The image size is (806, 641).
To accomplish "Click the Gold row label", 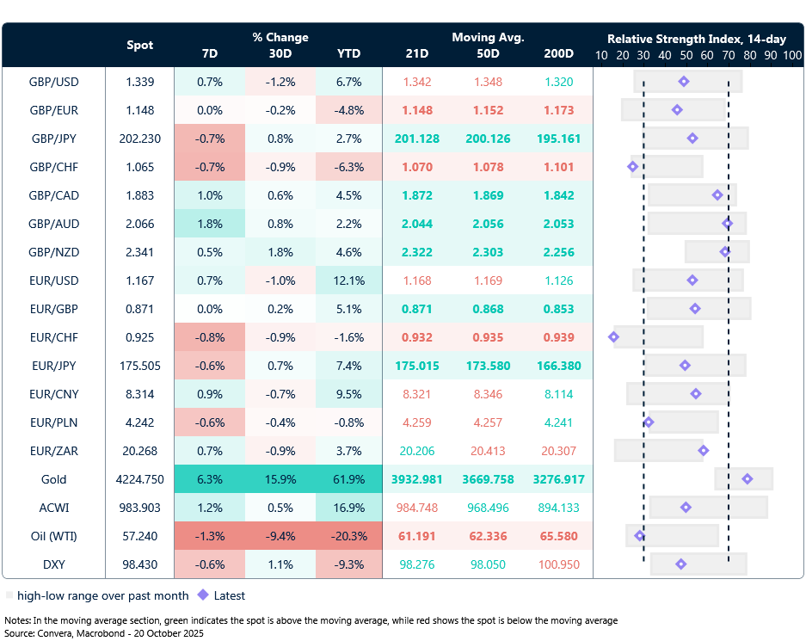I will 53,479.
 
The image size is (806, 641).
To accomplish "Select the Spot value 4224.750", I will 140,479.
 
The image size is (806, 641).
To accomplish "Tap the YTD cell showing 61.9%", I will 348,479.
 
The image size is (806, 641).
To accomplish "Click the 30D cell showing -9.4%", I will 280,536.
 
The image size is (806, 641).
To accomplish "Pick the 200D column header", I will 558,53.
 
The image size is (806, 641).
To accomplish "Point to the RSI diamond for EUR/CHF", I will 613,337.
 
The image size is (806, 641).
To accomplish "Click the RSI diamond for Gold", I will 747,479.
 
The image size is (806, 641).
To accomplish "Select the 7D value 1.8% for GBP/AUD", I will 209,224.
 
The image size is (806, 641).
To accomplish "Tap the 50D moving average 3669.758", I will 488,479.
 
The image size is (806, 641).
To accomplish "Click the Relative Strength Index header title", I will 697,39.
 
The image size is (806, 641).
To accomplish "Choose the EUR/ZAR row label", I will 53,451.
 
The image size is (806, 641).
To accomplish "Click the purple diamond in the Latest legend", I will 203,595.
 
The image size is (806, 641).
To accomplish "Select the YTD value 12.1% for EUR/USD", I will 348,280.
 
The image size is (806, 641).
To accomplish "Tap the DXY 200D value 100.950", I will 558,564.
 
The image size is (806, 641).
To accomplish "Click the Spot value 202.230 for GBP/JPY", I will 140,139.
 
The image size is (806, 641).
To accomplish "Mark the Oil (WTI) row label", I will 53,536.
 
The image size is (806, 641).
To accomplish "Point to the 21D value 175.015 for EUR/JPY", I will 417,366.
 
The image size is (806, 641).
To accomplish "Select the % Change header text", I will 280,37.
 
